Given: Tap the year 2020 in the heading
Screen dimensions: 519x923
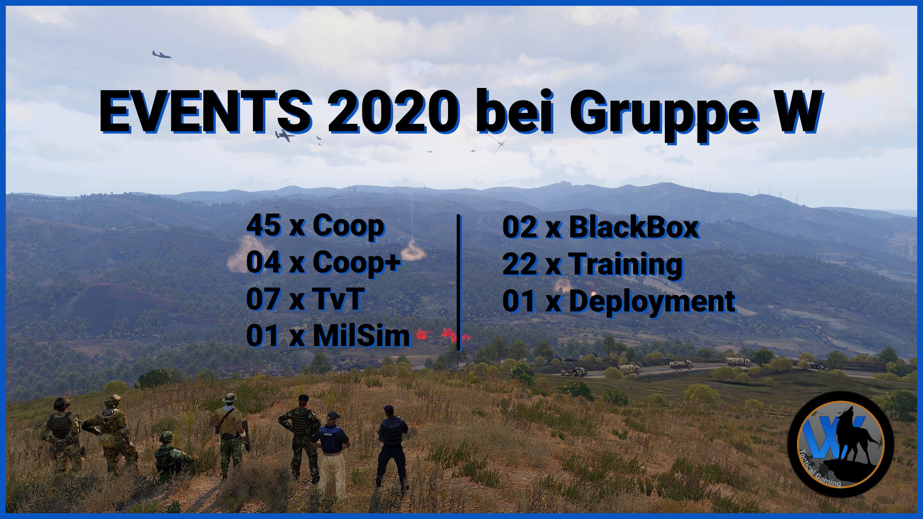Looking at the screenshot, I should point(393,111).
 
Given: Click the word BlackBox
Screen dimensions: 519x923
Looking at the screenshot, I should point(634,227).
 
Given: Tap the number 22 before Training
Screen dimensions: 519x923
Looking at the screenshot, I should point(520,264).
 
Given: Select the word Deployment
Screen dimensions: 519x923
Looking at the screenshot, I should point(652,301).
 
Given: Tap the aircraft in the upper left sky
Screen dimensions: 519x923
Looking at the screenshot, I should point(162,55).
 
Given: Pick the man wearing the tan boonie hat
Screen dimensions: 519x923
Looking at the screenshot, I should point(229,432).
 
